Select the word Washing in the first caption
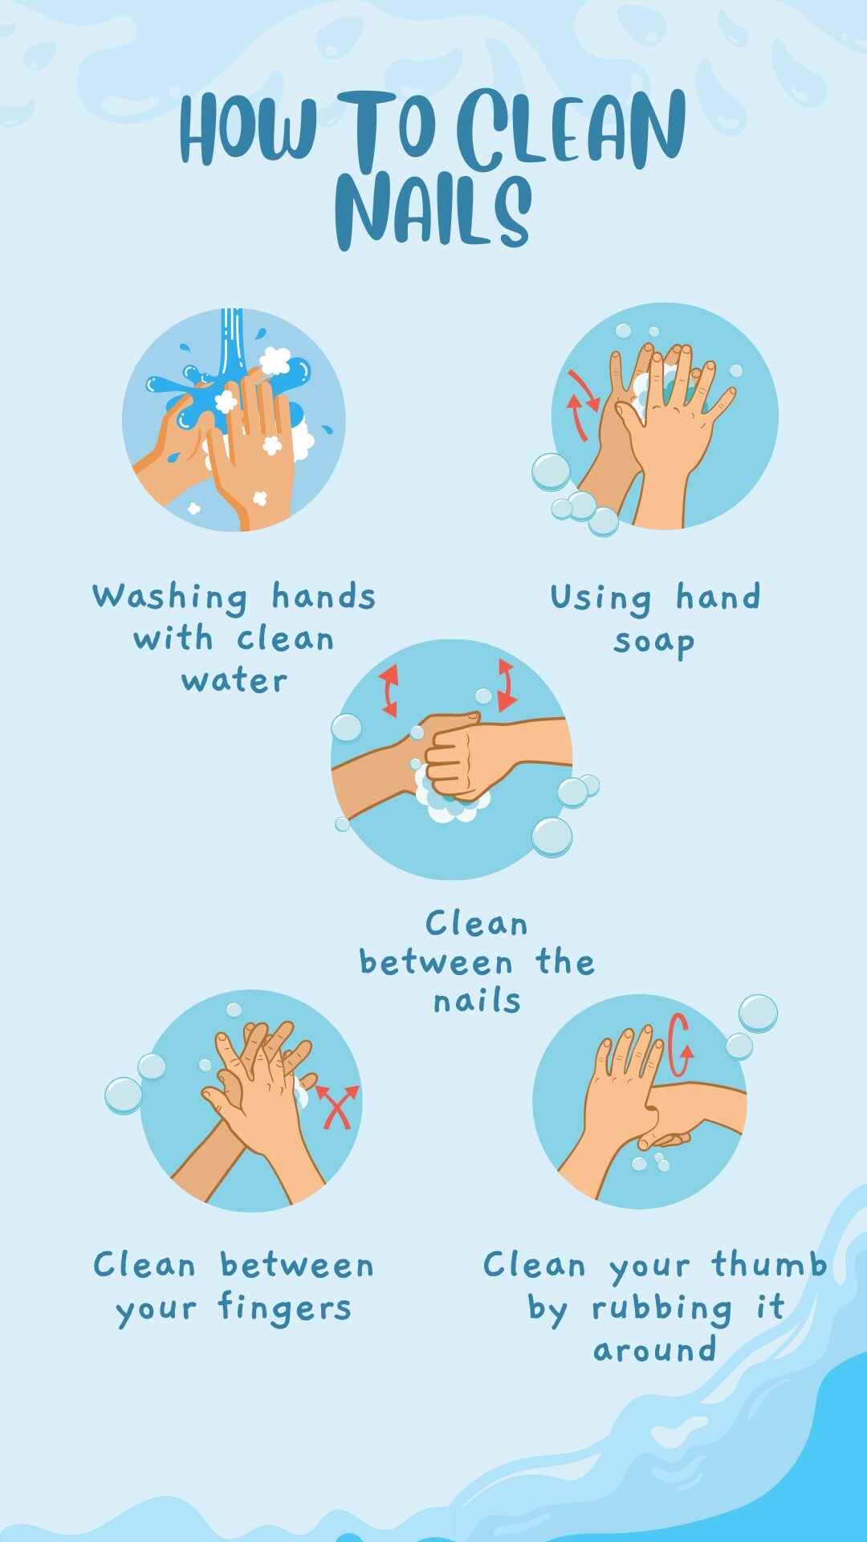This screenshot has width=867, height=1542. click(169, 598)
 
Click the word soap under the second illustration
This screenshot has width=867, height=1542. click(653, 642)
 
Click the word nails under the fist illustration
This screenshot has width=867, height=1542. click(477, 1001)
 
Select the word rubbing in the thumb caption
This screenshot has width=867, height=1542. click(661, 1308)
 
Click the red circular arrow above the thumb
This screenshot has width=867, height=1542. click(679, 1044)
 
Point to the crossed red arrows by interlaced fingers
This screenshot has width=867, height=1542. click(337, 1108)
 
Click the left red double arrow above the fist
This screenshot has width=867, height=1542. click(389, 690)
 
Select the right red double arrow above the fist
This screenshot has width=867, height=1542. click(506, 685)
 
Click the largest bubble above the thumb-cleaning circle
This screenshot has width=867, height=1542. click(758, 1013)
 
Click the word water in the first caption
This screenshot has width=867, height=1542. click(234, 681)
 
